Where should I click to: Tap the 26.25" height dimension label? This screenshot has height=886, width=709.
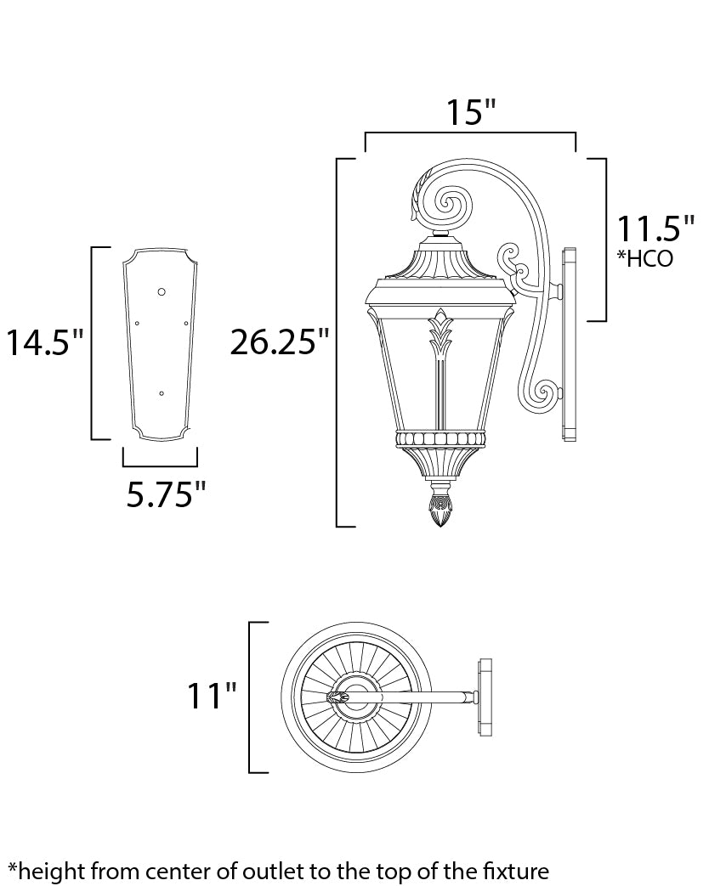point(280,343)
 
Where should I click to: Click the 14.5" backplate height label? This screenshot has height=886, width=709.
point(45,343)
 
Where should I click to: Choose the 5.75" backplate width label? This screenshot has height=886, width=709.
point(166,494)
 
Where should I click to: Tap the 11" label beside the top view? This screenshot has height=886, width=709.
point(213,697)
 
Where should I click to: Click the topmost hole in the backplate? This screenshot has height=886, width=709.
point(162,291)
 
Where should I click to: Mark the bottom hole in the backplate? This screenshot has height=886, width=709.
point(162,393)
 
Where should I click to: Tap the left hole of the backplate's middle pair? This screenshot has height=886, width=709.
point(137,324)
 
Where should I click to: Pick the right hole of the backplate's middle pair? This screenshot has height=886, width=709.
point(185,324)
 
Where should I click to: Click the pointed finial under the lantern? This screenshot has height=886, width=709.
point(440,509)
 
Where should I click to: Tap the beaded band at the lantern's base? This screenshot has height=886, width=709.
point(440,438)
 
